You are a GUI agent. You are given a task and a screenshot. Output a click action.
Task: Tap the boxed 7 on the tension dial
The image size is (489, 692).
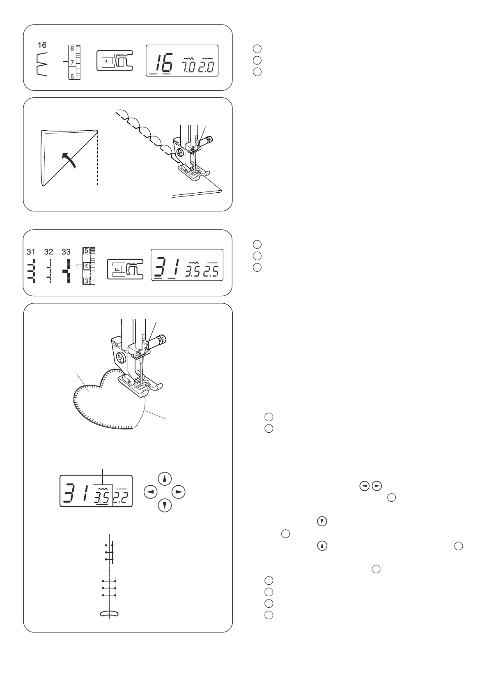tap(71, 62)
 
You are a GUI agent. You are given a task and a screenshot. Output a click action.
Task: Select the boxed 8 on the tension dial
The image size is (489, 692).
tap(72, 48)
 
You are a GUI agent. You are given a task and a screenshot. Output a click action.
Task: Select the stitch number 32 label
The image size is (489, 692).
tap(48, 251)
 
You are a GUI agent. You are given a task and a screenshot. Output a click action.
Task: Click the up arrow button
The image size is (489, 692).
tap(165, 478)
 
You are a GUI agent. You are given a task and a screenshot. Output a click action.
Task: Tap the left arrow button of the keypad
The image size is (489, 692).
tap(151, 491)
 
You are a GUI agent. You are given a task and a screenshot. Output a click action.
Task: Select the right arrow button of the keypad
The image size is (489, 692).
tap(178, 491)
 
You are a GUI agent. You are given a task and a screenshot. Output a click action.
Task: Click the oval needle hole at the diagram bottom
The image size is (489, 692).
tap(109, 614)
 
